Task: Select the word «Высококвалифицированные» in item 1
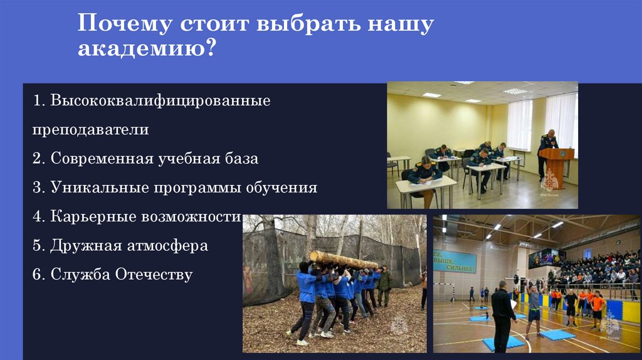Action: point(161,100)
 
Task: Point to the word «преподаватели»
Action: point(92,130)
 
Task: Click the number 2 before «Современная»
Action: point(38,159)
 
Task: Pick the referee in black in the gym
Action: point(502,316)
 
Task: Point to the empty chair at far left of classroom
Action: point(392,164)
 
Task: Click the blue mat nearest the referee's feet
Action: point(507,342)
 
